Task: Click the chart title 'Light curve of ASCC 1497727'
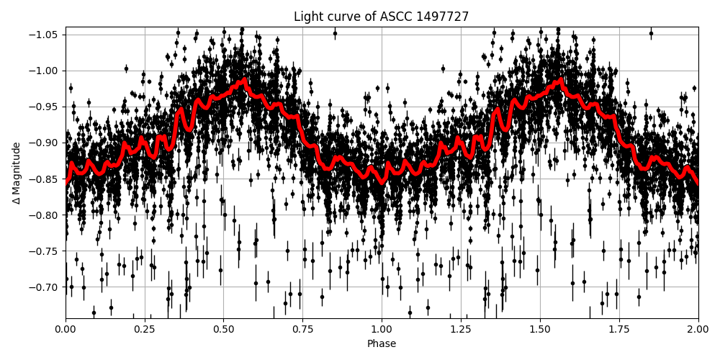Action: [x=382, y=17]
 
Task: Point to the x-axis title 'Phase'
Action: [x=382, y=343]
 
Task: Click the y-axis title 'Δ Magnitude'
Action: [x=16, y=173]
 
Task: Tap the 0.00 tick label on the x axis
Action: [x=66, y=329]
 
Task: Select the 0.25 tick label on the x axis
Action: [x=145, y=329]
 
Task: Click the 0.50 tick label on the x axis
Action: [x=223, y=329]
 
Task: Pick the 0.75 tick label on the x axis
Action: [x=302, y=329]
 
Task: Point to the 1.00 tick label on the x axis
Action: [x=382, y=329]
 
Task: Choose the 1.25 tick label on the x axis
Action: [x=461, y=329]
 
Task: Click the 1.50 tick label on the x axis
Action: [x=540, y=329]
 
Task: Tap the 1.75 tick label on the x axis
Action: [x=619, y=329]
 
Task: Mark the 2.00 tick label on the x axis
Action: [x=698, y=329]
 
